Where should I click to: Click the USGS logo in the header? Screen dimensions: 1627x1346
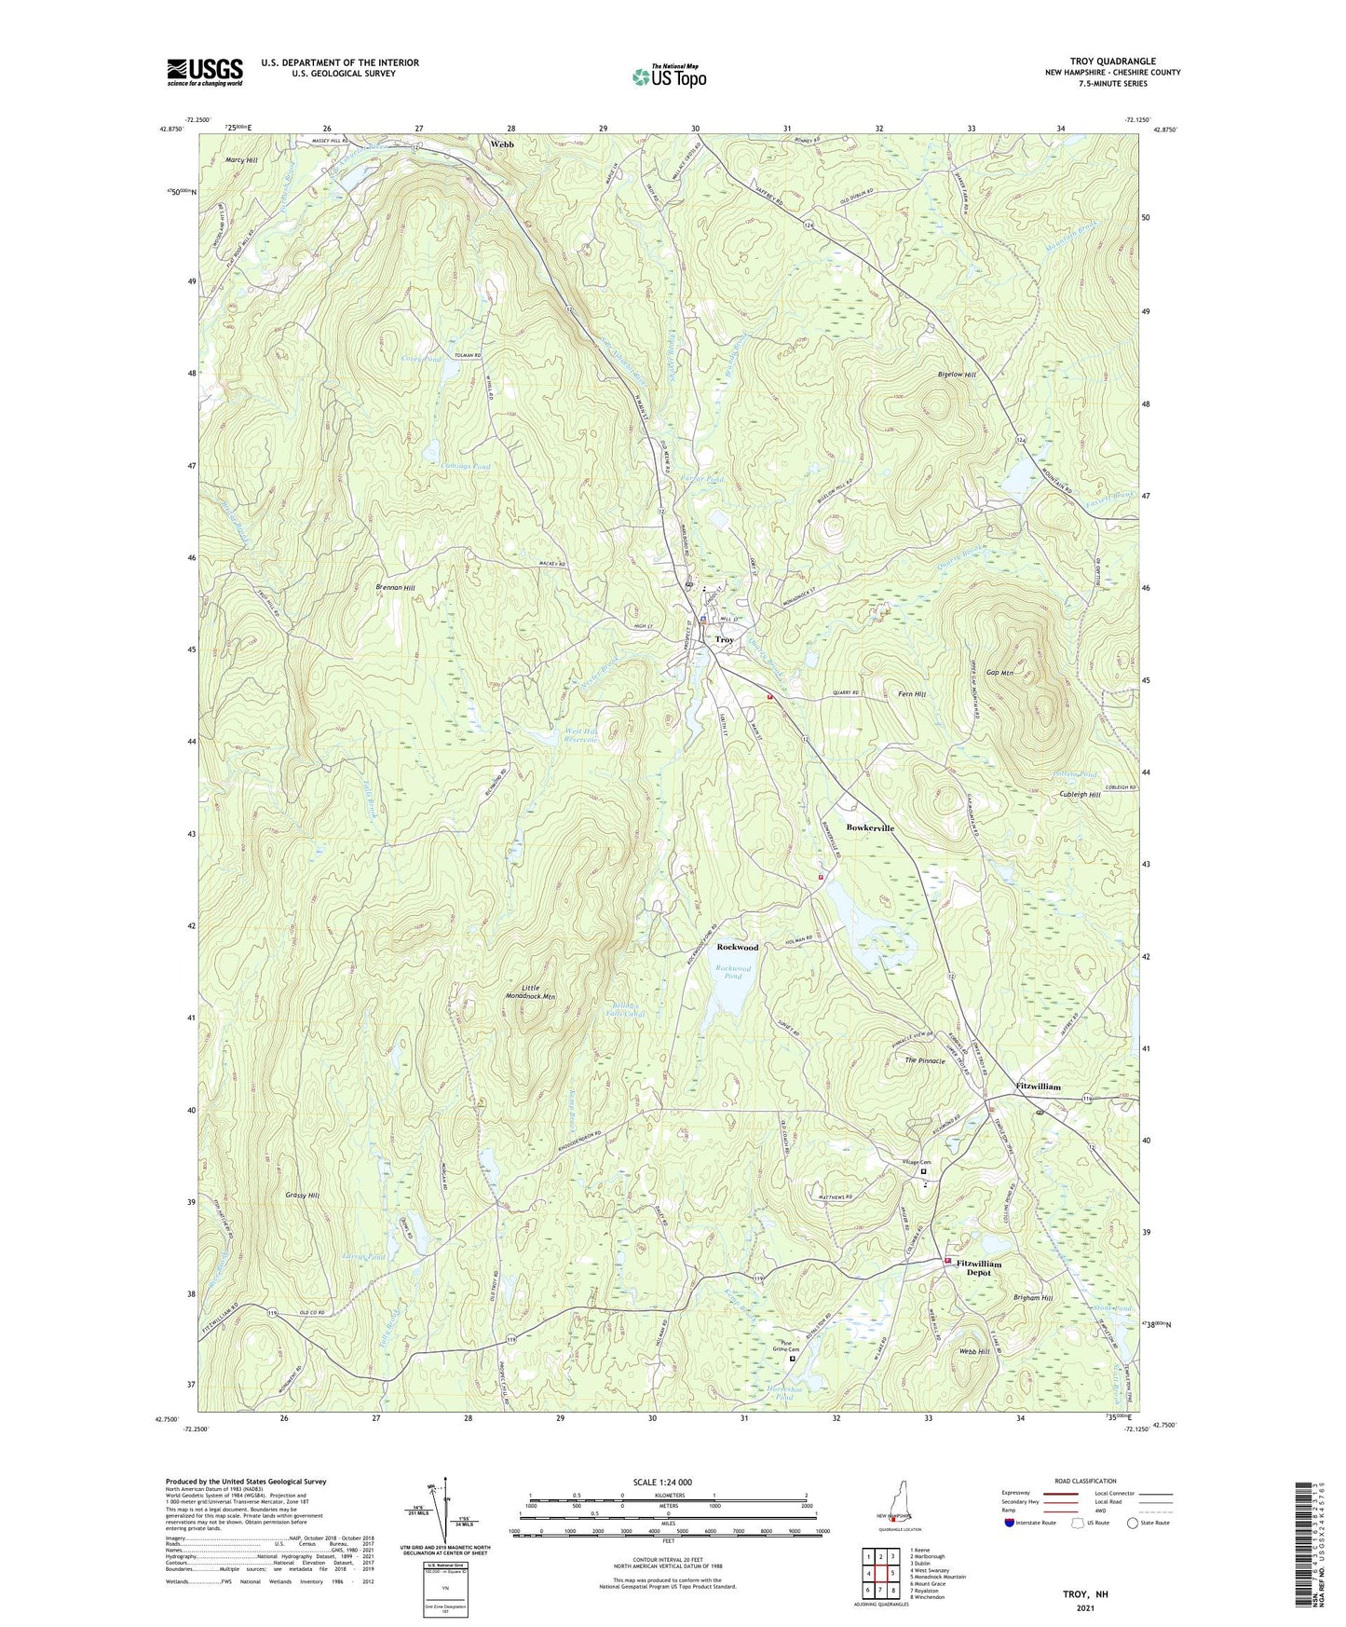(x=205, y=72)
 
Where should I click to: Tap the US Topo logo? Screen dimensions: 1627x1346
(x=668, y=76)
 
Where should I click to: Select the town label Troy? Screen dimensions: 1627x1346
(x=724, y=640)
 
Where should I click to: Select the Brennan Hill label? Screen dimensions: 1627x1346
(x=395, y=588)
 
